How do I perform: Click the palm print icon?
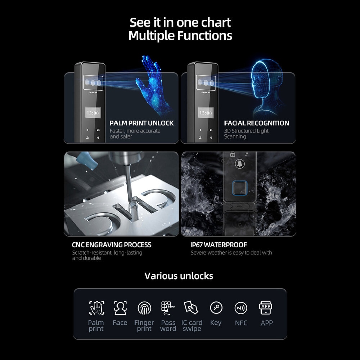[96, 308]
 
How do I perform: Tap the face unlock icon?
[120, 308]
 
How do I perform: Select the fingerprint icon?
[144, 308]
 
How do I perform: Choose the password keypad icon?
[168, 308]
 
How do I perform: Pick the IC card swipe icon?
[191, 308]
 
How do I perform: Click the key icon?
[216, 307]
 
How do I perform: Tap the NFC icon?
[241, 308]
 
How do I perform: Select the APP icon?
[266, 308]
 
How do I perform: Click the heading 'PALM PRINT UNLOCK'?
[141, 123]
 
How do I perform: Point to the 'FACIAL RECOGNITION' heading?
[256, 123]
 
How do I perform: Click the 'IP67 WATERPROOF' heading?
[219, 245]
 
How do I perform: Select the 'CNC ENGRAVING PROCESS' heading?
[112, 245]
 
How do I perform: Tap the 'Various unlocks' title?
[179, 276]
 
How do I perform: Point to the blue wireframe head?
[266, 86]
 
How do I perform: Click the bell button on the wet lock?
[240, 164]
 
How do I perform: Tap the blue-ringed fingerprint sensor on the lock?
[240, 188]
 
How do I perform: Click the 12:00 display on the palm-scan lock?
[93, 113]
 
